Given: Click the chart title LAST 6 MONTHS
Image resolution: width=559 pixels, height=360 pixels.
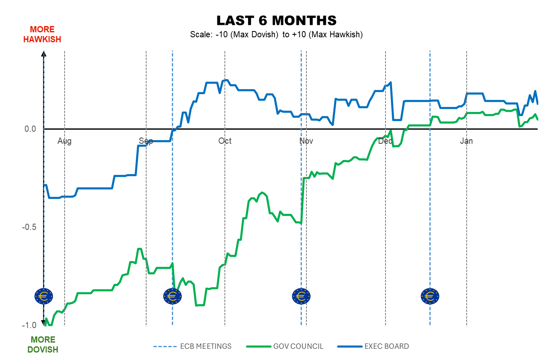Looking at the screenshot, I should [x=276, y=20].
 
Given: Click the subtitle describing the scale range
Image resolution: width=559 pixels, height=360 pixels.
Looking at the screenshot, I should [x=276, y=35].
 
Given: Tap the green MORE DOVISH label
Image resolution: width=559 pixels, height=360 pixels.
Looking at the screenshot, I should [x=43, y=345].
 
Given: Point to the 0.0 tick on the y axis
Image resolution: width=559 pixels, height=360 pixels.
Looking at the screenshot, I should [x=30, y=129].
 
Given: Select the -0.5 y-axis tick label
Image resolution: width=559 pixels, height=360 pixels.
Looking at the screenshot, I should [x=29, y=227].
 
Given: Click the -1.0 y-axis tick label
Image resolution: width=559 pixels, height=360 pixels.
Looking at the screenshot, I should [x=29, y=325].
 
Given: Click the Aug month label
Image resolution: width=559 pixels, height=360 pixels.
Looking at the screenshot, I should [x=65, y=141].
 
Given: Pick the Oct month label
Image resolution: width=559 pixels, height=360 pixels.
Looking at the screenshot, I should [x=225, y=141].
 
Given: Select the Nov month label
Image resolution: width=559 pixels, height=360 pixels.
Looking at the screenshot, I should [x=306, y=141].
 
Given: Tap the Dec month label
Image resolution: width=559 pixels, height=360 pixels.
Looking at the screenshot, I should [x=385, y=141].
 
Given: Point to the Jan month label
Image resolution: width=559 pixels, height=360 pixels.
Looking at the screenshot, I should [x=467, y=141].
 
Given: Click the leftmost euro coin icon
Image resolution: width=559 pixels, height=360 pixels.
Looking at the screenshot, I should [x=43, y=296].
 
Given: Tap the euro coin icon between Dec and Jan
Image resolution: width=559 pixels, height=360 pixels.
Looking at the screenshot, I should [x=430, y=296].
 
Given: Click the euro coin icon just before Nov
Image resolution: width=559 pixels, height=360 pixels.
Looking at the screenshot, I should [x=301, y=296].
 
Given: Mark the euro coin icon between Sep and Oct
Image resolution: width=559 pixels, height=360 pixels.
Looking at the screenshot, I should [x=172, y=296].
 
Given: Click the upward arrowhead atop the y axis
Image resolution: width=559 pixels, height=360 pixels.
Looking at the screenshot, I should [x=44, y=53].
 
